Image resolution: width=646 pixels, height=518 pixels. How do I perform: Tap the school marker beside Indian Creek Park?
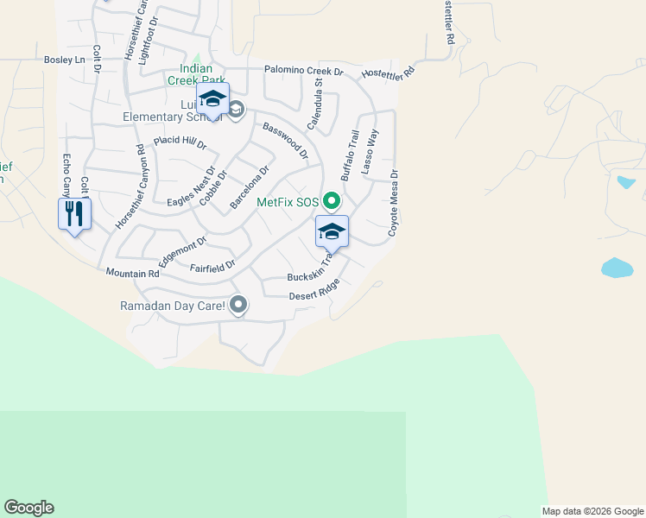(212, 98)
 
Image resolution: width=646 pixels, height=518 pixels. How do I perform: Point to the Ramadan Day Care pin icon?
(239, 305)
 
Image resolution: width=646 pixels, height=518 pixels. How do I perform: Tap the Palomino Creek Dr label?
(304, 71)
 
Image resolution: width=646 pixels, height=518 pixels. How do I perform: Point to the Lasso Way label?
(370, 152)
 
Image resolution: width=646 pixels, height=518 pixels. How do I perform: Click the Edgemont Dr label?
(182, 252)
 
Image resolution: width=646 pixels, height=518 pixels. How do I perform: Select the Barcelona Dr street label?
(250, 187)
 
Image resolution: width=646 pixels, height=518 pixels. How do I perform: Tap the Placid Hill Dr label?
(180, 141)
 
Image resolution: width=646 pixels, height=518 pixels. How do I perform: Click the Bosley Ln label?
(65, 60)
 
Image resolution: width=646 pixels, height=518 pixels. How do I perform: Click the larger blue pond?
(617, 268)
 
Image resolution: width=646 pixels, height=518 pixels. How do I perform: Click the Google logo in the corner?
(28, 508)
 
